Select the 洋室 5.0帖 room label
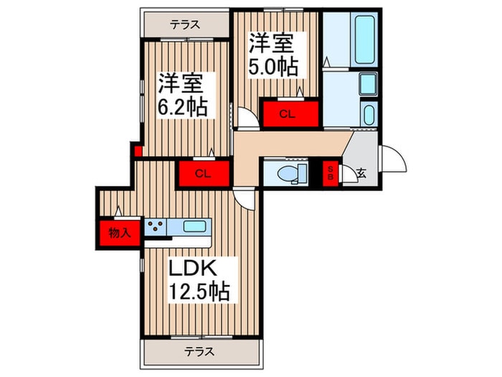(273, 54)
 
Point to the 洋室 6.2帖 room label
(183, 95)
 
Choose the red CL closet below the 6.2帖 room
(203, 173)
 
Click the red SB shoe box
(331, 173)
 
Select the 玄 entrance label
(361, 173)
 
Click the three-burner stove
(156, 228)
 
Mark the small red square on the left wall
(133, 151)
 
